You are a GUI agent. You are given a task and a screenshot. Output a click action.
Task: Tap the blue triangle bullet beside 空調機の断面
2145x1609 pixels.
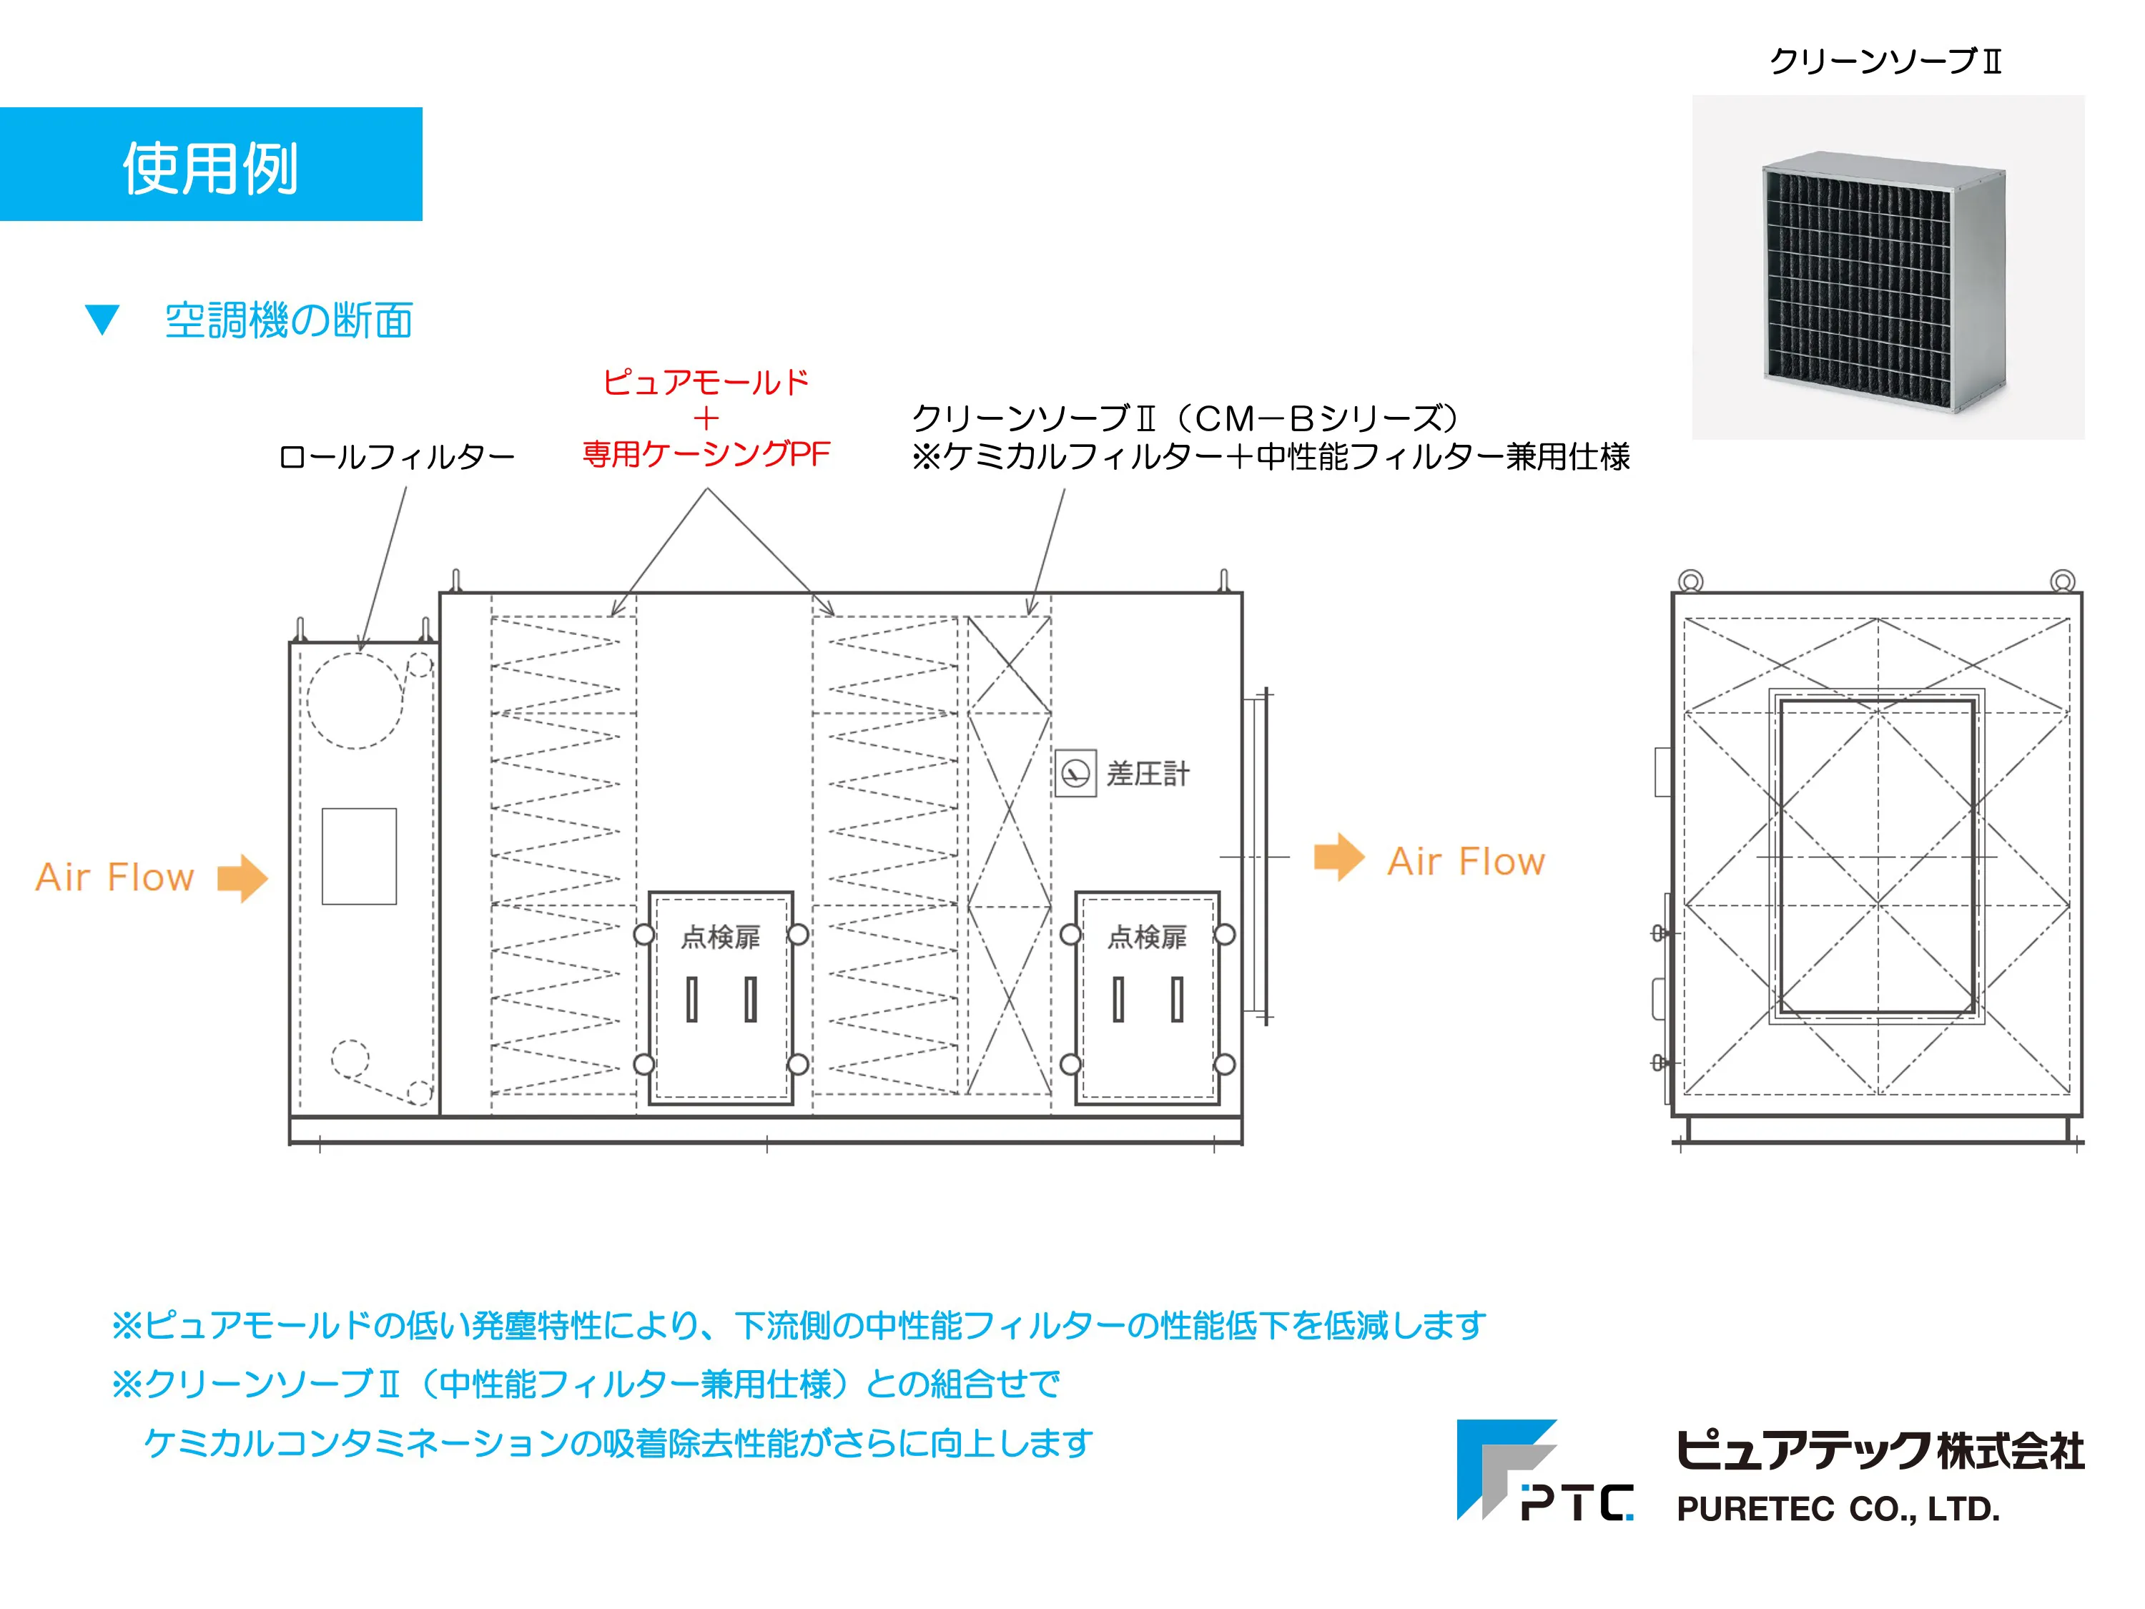[x=102, y=320]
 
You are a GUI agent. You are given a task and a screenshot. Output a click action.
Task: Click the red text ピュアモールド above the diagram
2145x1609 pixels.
[x=706, y=382]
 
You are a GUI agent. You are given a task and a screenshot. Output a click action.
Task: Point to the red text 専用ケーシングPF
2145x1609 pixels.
[x=706, y=454]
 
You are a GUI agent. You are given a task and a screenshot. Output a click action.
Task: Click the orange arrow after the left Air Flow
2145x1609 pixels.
[x=242, y=877]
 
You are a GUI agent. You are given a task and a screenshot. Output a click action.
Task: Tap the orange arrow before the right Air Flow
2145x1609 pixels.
[x=1339, y=857]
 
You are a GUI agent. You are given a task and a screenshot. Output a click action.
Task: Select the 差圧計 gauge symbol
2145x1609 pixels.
[x=1075, y=774]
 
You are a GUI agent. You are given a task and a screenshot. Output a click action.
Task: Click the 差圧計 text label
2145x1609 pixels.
[x=1148, y=774]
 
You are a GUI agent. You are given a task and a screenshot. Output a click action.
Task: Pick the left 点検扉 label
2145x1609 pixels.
[x=721, y=937]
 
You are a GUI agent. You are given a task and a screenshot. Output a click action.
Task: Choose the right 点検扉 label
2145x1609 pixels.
[x=1147, y=937]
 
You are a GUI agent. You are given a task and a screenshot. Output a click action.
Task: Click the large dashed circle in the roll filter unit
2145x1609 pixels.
[x=355, y=700]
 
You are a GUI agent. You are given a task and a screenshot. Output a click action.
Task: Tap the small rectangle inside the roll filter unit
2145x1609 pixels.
[x=359, y=857]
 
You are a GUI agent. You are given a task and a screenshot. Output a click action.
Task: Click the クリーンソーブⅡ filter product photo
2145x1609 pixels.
[x=1887, y=267]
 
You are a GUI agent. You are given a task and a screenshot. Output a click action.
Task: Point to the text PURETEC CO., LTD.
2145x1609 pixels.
[x=1838, y=1509]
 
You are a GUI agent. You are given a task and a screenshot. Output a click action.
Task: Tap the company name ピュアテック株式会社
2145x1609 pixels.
[x=1879, y=1451]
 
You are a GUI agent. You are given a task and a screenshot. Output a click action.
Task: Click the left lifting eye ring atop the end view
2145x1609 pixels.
[x=1690, y=581]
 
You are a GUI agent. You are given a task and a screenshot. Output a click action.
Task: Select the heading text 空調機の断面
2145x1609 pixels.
[x=289, y=321]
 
